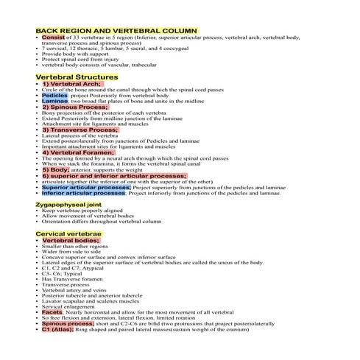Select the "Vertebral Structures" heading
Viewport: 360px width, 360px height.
coord(77,77)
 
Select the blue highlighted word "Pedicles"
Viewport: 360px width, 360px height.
coord(54,96)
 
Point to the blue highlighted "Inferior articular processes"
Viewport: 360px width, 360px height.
coord(84,194)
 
